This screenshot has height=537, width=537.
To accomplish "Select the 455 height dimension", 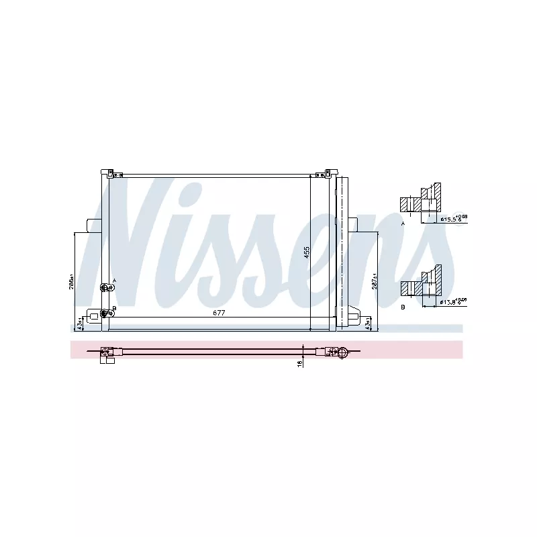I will [306, 252].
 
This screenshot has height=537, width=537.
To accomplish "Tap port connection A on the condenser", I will [105, 288].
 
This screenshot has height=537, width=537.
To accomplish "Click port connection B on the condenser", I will [105, 313].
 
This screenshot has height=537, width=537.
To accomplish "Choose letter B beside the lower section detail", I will [403, 306].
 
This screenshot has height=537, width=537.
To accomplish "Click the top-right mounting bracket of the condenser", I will [329, 171].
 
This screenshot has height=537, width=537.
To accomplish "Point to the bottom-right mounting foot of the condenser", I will [353, 318].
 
